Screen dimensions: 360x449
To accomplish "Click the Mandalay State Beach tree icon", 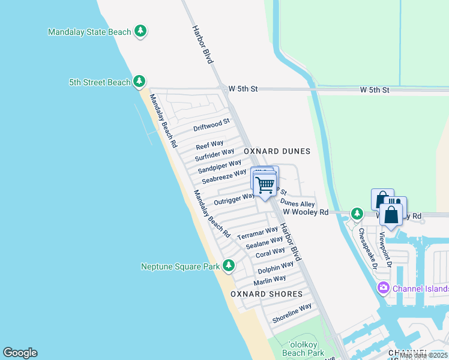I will (140, 31).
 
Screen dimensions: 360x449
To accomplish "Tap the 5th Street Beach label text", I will (100, 82).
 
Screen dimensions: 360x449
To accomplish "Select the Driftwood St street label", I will (211, 125).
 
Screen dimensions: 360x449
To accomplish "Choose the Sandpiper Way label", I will (219, 166).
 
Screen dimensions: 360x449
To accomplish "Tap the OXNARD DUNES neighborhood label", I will (277, 151).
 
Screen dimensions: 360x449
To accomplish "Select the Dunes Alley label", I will (297, 204).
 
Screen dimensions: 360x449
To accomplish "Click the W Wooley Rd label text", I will (306, 212).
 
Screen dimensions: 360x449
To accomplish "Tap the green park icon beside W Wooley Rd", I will (357, 213).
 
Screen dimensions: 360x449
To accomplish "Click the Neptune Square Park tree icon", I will (228, 265).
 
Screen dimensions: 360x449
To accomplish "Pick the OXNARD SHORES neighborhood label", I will (267, 294).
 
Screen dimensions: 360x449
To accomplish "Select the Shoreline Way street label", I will (292, 313).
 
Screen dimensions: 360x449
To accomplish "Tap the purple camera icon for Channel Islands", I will (383, 289).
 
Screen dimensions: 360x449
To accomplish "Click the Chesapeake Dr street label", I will (367, 248).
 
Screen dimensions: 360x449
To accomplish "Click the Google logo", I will (20, 353).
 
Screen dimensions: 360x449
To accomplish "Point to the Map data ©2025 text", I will (423, 355).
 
